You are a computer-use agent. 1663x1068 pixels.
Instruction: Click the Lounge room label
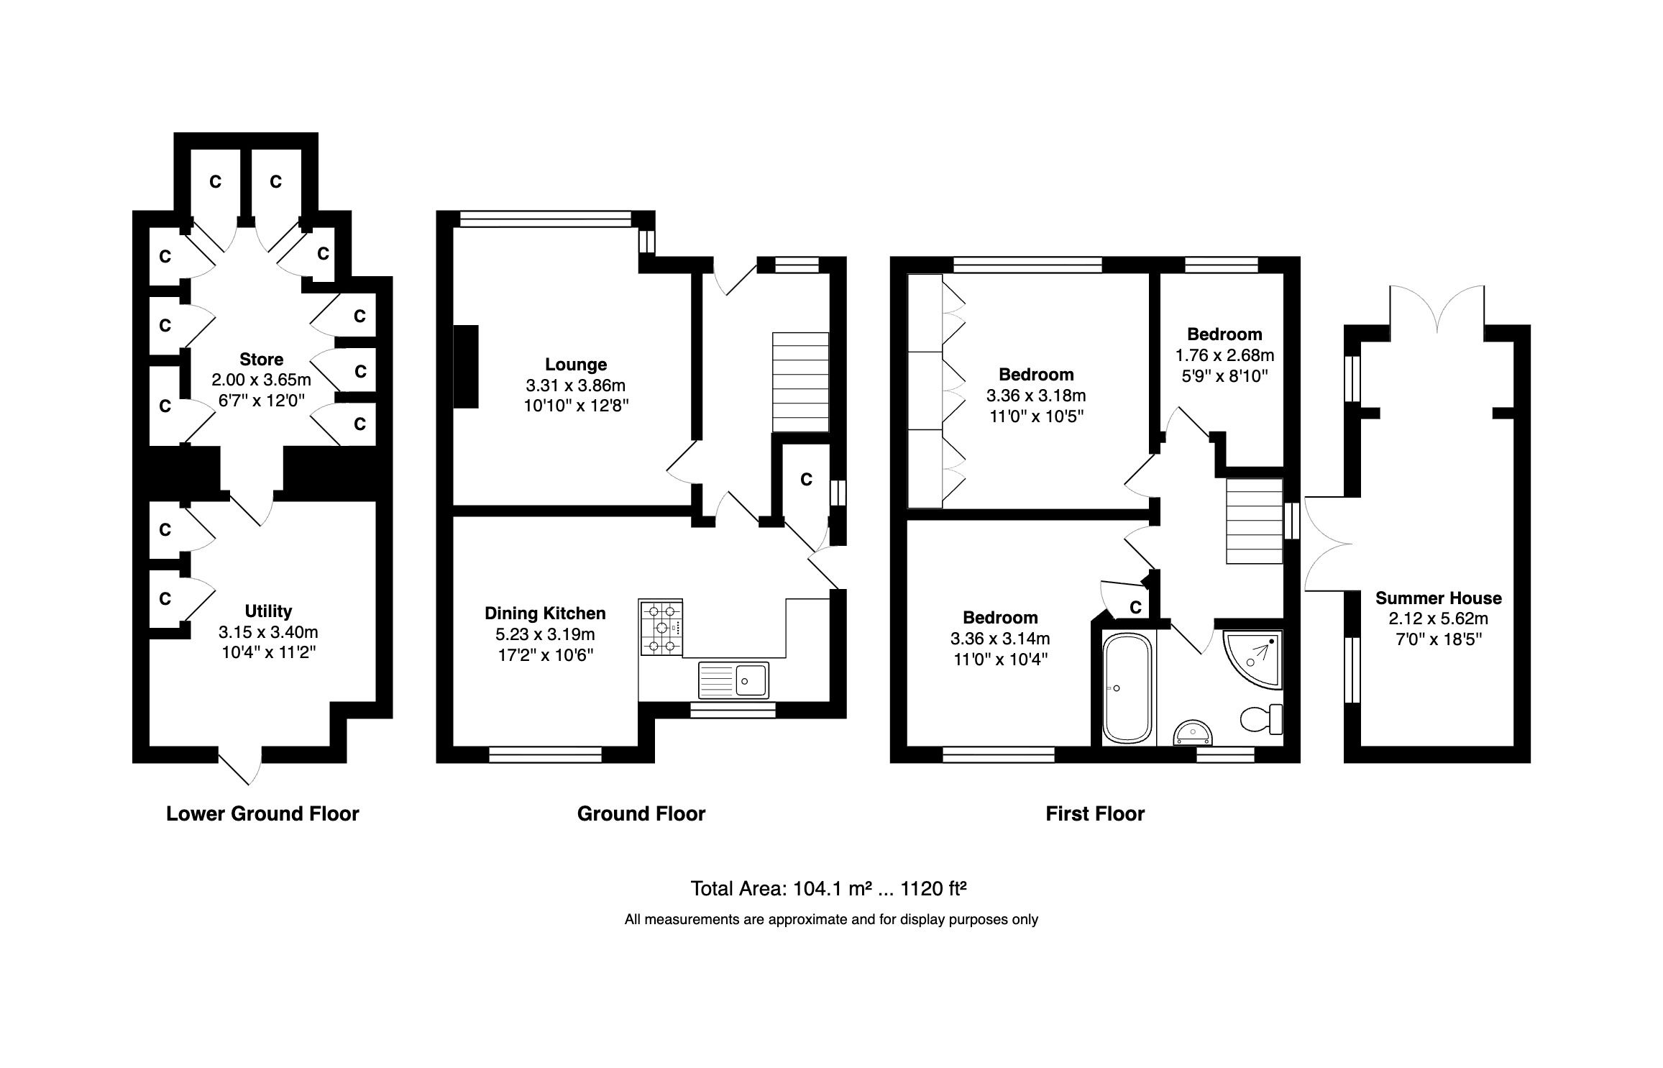(x=575, y=365)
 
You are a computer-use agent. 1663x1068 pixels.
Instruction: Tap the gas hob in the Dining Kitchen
(x=661, y=627)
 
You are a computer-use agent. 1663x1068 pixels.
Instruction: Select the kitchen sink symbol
(x=733, y=680)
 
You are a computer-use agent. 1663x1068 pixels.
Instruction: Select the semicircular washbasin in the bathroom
(x=1193, y=734)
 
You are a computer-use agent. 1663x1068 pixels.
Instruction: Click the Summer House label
(x=1438, y=598)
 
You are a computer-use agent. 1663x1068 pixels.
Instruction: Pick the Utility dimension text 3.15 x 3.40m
(x=268, y=632)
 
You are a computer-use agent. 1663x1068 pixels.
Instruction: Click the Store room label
(x=261, y=360)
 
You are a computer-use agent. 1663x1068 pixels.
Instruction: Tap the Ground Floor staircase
(x=800, y=382)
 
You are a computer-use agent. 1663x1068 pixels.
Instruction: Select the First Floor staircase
(x=1254, y=522)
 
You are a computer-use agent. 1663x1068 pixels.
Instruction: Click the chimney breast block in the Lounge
(x=466, y=367)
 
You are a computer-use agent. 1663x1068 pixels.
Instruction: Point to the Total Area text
(x=828, y=889)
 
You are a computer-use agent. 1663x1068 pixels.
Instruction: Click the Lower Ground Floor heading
(x=262, y=813)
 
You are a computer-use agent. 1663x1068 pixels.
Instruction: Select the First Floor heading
(x=1094, y=813)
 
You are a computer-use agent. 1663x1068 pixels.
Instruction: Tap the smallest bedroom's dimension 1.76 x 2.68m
(x=1224, y=355)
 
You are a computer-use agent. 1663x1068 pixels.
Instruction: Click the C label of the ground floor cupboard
(x=806, y=480)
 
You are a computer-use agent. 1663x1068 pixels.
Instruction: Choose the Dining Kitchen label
(x=545, y=613)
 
